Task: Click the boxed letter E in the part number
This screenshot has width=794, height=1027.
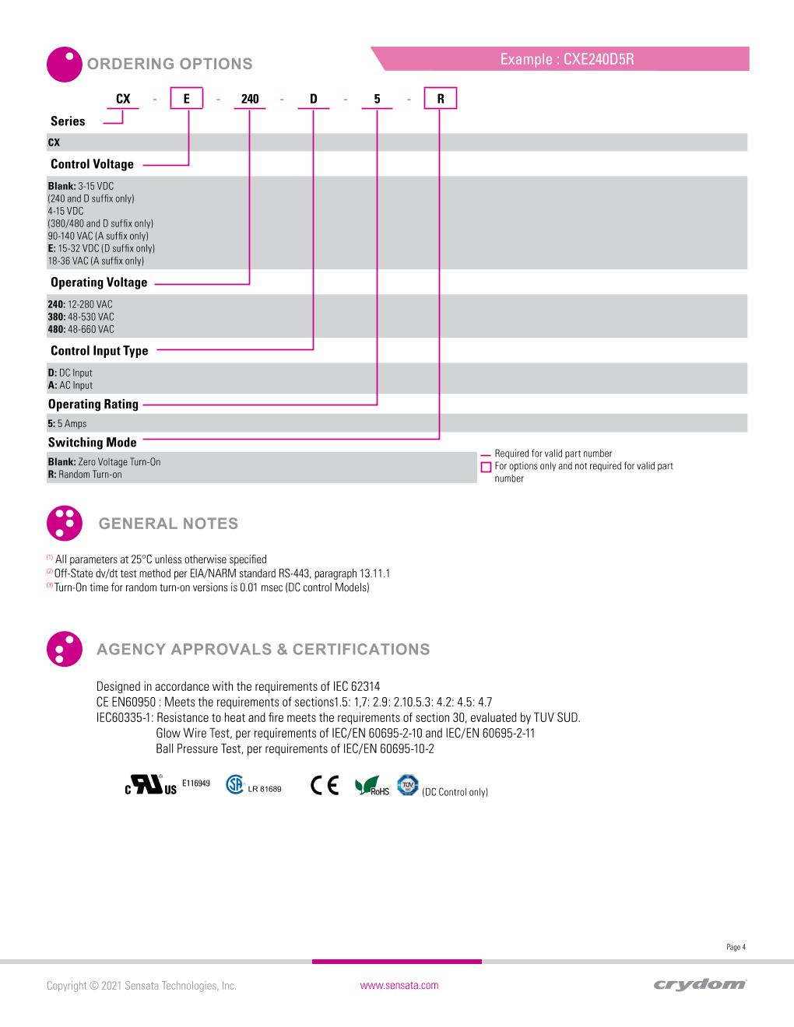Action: coord(187,99)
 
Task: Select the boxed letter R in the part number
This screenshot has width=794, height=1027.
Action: coord(440,99)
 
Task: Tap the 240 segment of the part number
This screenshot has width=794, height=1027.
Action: coord(250,99)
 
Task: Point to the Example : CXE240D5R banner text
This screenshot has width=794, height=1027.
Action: coord(567,59)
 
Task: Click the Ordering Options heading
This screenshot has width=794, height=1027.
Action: coord(170,64)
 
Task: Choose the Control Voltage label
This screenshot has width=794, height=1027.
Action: coord(92,164)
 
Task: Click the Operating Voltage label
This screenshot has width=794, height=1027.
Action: coord(99,282)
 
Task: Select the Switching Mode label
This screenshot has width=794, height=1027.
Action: coord(92,443)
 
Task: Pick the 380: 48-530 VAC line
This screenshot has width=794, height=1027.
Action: coord(81,317)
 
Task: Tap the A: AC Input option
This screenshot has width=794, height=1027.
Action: coord(70,385)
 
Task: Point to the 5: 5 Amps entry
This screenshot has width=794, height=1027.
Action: coord(68,424)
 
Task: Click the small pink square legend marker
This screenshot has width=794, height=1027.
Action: coord(487,467)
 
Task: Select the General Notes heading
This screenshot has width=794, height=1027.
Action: coord(168,524)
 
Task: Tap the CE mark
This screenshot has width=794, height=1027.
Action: coord(325,787)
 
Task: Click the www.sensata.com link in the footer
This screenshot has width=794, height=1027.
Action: coord(399,986)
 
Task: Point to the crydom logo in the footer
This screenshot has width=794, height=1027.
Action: coord(701,985)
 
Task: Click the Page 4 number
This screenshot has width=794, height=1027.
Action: coord(736,947)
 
